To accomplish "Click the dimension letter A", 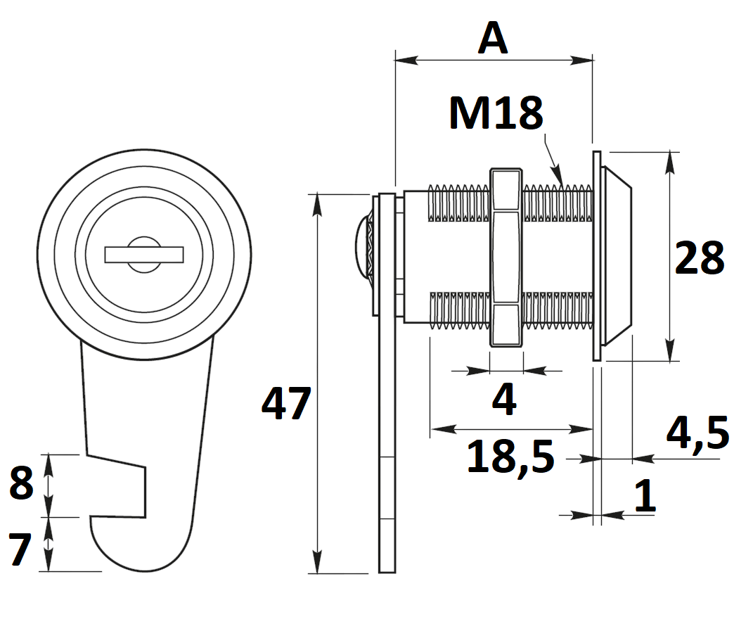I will (493, 39).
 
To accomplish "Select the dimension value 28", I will (699, 259).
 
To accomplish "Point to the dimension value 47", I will (285, 405).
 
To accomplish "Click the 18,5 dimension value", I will (510, 457).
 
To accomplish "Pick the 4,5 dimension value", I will (697, 433).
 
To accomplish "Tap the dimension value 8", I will (21, 485).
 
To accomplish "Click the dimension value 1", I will (645, 496).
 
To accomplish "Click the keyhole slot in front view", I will (144, 254).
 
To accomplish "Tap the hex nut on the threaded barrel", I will (506, 257).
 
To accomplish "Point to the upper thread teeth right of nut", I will (558, 203).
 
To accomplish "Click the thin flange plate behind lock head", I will (597, 257).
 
